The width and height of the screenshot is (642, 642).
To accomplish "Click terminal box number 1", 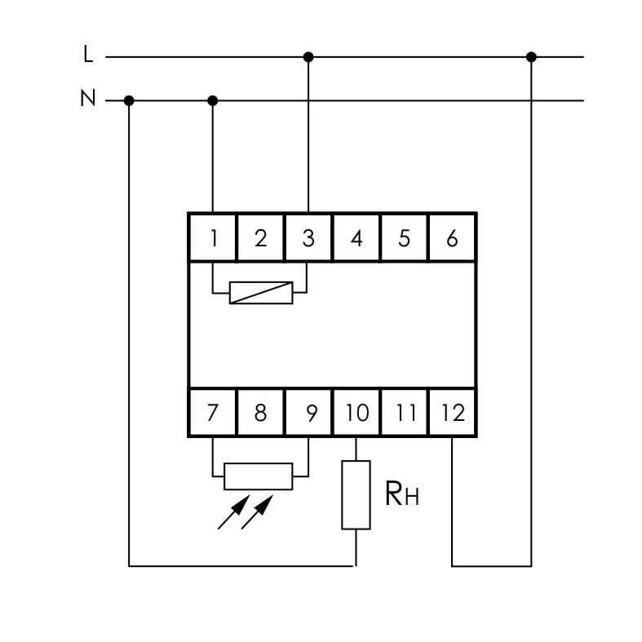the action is tap(212, 237).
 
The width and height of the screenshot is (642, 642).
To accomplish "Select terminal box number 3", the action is tap(308, 237).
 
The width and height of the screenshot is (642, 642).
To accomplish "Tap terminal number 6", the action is tap(452, 237).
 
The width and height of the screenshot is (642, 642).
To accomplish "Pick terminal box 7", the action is tap(212, 412).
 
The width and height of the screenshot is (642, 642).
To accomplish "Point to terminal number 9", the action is tap(308, 412).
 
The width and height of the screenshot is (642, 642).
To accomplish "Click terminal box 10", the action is tap(356, 412).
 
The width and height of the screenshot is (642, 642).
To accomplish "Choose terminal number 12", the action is tap(452, 412).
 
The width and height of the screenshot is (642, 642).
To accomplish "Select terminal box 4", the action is tap(356, 237).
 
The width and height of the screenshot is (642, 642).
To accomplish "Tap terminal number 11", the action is tap(404, 412).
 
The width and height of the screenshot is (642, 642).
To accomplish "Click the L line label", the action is tap(88, 54).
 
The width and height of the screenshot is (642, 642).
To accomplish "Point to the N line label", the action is tap(88, 98).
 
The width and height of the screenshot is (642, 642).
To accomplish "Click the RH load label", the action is tap(402, 494).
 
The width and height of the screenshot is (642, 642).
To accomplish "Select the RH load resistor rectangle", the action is tap(356, 495).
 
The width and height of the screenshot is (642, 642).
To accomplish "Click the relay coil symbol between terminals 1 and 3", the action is tap(261, 293).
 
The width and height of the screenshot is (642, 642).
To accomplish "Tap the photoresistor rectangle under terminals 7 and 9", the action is tap(259, 476).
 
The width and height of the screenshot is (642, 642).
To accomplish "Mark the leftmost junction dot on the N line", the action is tap(129, 100).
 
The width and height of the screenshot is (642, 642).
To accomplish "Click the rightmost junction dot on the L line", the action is tap(531, 57).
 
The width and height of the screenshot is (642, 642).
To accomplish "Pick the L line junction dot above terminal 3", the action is tap(308, 57).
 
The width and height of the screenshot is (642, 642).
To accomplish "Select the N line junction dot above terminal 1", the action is tap(212, 100).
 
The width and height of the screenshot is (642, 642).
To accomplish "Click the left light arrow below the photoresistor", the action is tap(234, 511).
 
